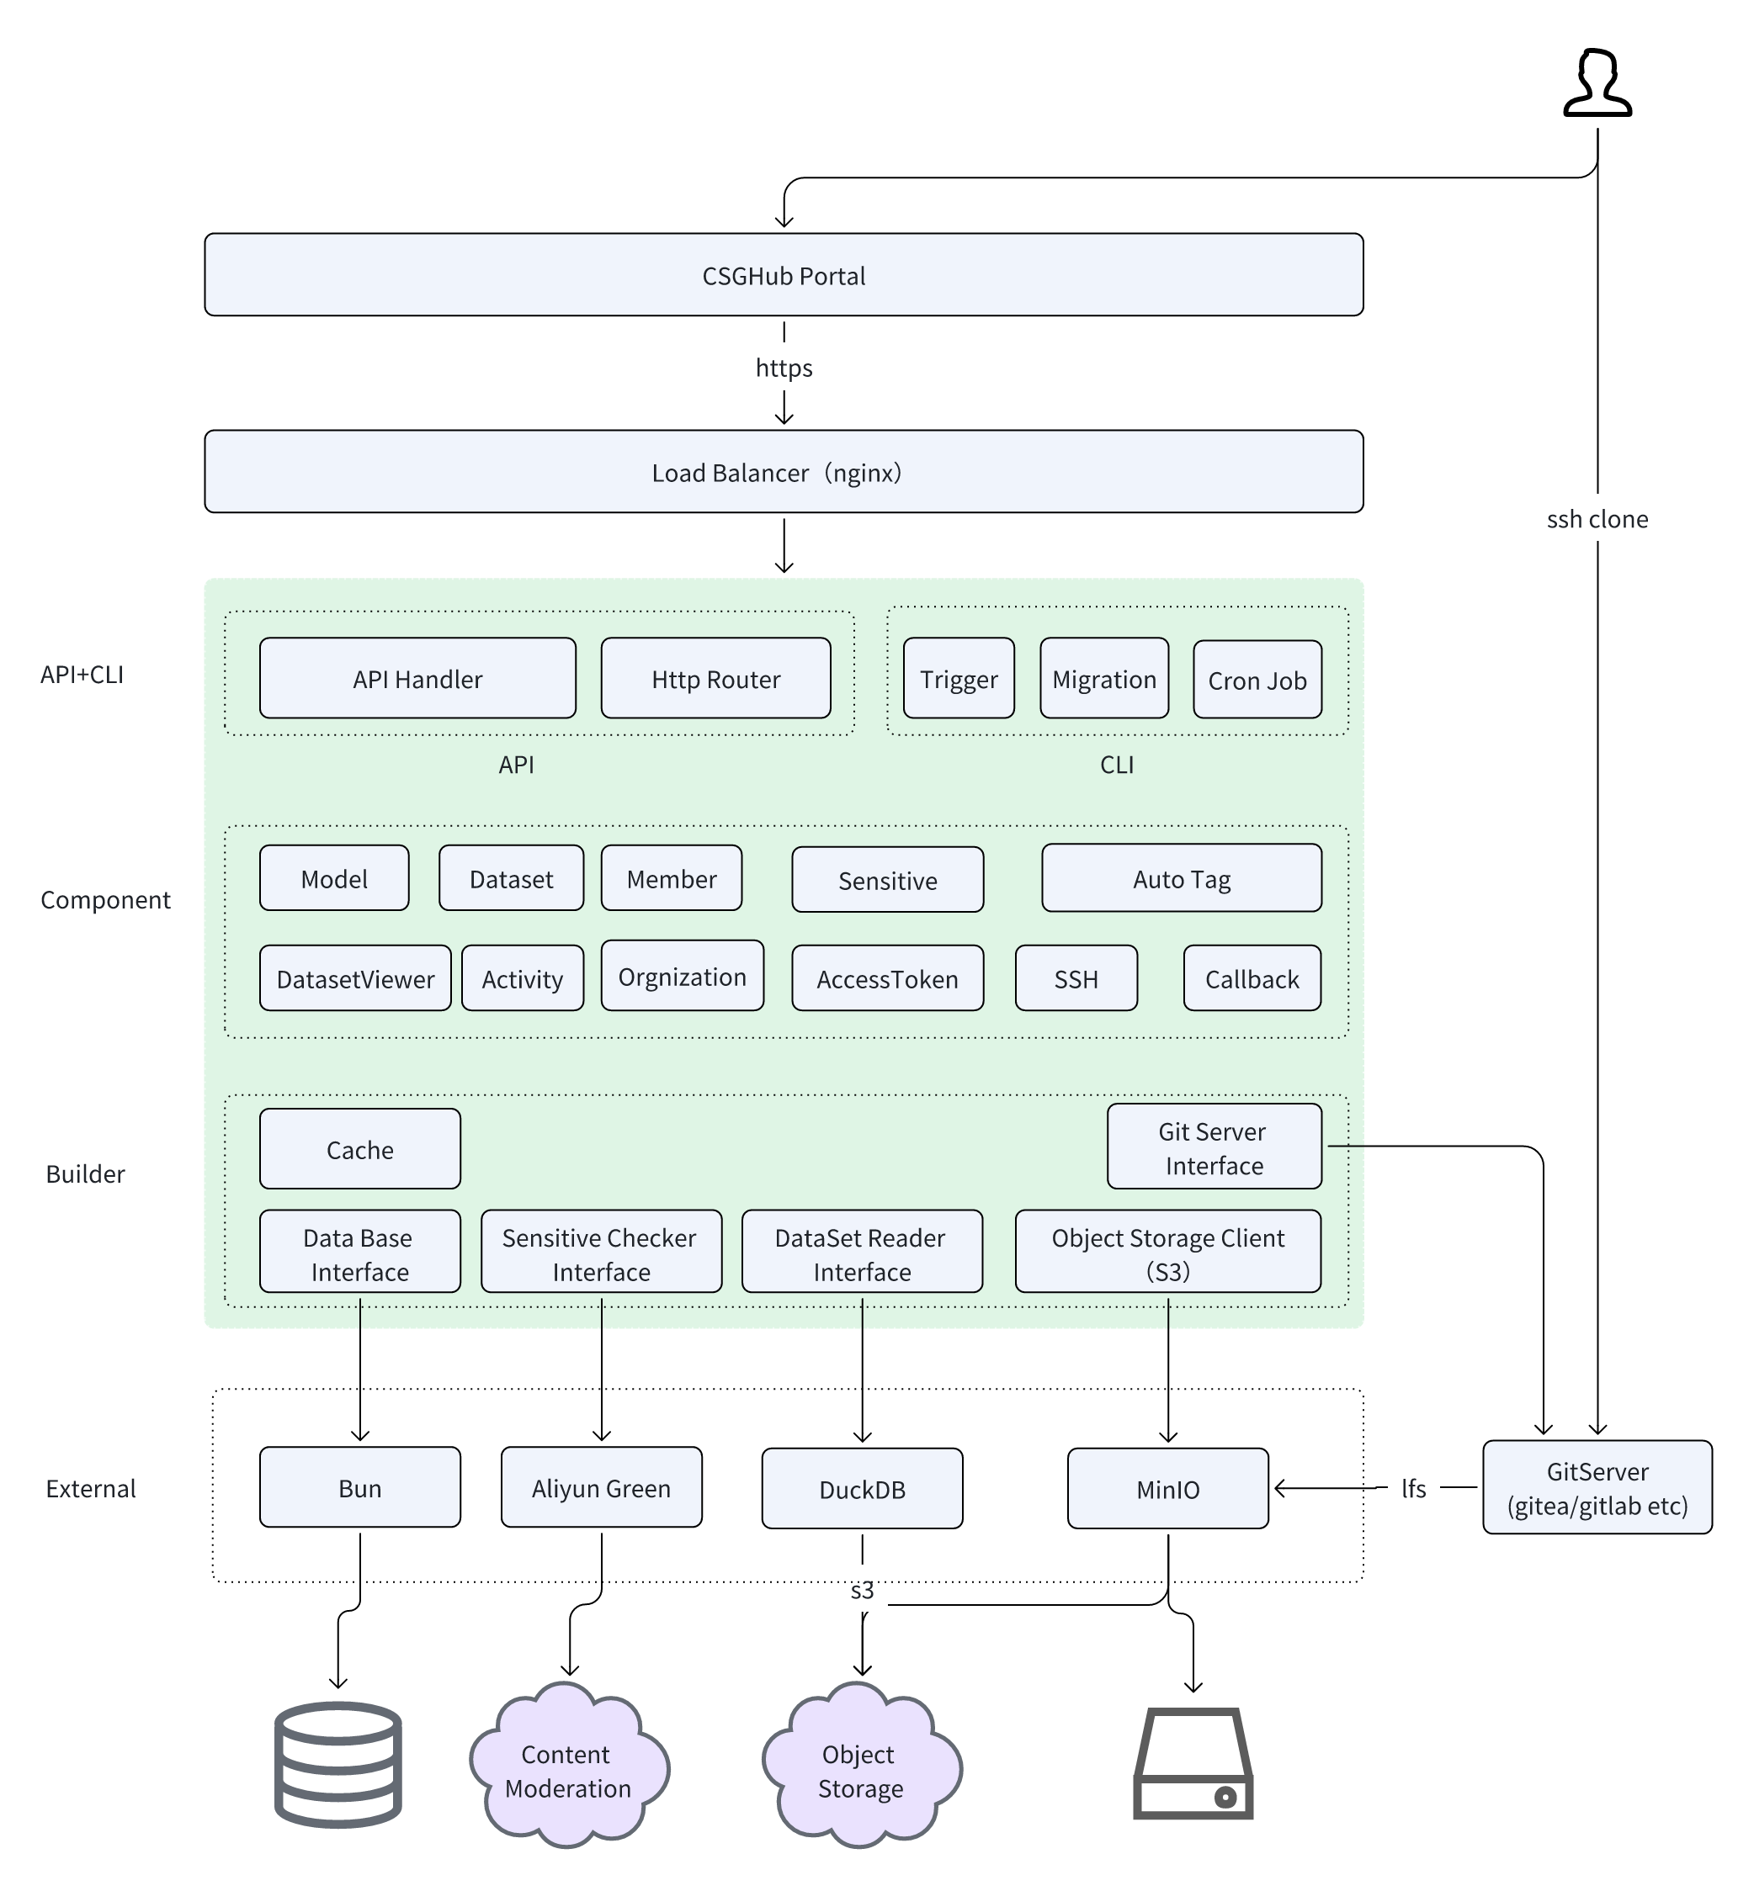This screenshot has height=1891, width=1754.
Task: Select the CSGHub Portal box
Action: [783, 275]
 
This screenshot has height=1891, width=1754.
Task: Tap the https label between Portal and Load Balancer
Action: [783, 368]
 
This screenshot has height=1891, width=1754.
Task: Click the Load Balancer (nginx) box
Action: [783, 472]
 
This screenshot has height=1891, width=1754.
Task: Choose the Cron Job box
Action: [1257, 680]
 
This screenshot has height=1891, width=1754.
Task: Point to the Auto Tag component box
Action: [1181, 878]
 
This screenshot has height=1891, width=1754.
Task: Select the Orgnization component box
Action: [682, 977]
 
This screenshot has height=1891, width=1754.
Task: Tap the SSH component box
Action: [1076, 978]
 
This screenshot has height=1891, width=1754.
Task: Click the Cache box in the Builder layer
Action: [359, 1149]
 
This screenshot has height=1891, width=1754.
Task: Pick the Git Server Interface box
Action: [1213, 1147]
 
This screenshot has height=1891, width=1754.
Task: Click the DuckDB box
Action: [861, 1489]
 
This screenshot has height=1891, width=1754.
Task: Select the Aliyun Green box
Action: [601, 1488]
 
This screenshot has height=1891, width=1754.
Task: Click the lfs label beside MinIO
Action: [1412, 1489]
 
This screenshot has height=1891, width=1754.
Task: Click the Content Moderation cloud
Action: [567, 1770]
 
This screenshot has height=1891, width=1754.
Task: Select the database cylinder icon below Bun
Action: [338, 1765]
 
